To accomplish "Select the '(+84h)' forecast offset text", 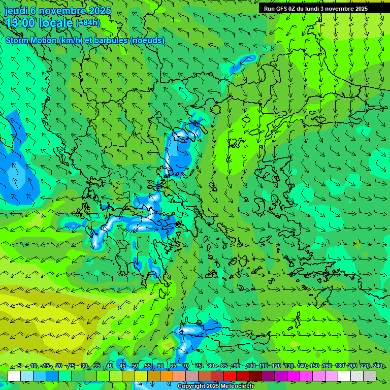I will [x=88, y=22].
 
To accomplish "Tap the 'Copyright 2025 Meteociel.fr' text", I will [x=215, y=386].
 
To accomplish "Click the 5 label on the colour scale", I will [x=19, y=366].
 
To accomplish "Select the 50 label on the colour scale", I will [x=135, y=366].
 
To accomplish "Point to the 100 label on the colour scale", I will [x=250, y=366].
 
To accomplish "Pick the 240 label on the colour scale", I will [x=378, y=366].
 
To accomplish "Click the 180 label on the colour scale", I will [x=339, y=366].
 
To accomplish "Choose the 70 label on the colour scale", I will [x=186, y=366].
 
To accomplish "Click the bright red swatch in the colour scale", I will [x=230, y=376].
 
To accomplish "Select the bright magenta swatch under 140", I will [x=294, y=376].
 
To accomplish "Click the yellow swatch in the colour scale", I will [x=141, y=376].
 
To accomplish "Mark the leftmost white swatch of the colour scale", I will [x=14, y=376].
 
